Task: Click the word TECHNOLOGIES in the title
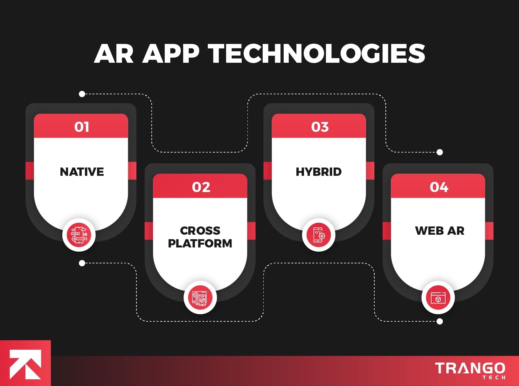coord(316,54)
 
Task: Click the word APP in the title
coord(171,54)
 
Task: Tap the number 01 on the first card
coord(82,127)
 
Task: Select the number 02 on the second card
coord(201,187)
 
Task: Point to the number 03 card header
coord(320,127)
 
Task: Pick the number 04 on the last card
coord(439,187)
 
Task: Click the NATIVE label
coord(82,172)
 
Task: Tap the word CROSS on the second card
coord(200,230)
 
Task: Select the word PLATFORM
coord(200,243)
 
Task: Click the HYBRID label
coord(319,172)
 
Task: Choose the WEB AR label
coord(439,230)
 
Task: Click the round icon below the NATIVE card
coord(79,235)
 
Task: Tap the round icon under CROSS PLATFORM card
coord(200,297)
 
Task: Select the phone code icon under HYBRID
coord(319,235)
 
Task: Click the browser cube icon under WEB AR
coord(438,297)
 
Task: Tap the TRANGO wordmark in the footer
coord(470,368)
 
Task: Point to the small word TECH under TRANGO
coord(494,378)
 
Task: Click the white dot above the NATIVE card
coord(82,94)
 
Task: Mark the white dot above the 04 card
coord(440,152)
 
